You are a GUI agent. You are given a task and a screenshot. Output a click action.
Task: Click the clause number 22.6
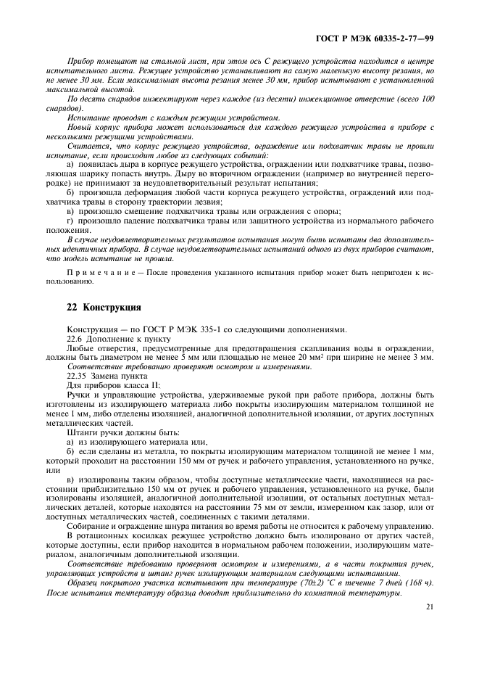point(76,338)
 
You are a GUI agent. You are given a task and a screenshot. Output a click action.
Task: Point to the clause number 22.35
point(78,376)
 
